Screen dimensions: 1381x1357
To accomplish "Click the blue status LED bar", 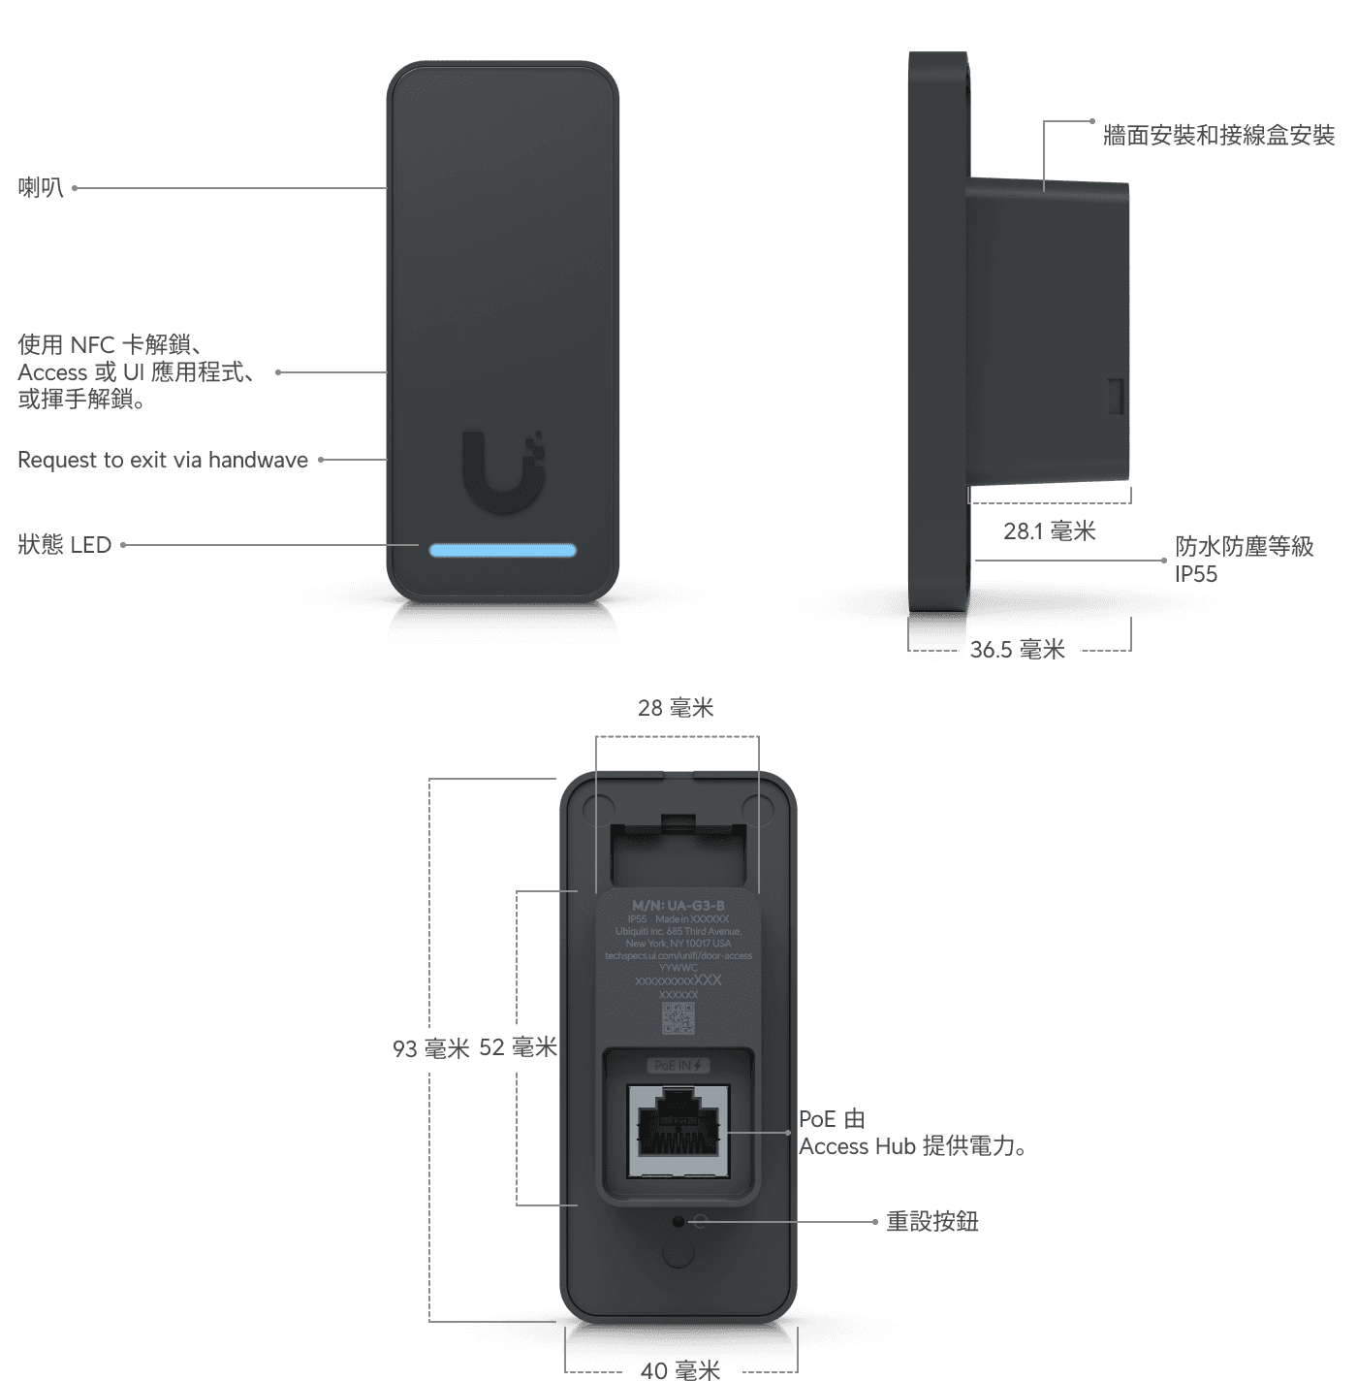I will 503,550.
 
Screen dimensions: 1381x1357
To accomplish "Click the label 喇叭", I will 41,187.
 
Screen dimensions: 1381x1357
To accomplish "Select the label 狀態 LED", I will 65,545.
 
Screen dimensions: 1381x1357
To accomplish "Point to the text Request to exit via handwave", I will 163,460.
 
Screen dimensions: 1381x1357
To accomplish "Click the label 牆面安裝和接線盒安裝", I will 1218,135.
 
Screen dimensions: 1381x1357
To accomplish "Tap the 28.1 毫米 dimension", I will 1050,530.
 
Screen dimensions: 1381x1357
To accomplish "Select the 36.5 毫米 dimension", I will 1018,650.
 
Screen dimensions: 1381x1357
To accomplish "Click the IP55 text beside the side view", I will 1196,574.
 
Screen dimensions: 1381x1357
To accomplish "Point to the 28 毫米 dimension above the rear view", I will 676,708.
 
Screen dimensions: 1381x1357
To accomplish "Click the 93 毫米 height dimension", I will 431,1048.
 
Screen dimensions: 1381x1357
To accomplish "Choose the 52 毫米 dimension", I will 519,1047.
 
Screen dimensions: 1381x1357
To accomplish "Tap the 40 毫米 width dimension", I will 680,1369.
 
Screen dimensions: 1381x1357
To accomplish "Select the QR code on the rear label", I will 678,1018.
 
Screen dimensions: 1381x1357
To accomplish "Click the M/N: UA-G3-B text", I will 678,906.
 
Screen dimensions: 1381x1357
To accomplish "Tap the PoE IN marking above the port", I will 678,1066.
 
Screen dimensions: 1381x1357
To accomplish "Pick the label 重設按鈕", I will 932,1221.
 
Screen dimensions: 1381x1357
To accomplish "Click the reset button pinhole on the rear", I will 678,1222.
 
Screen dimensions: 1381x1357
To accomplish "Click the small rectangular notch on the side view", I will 1116,395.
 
